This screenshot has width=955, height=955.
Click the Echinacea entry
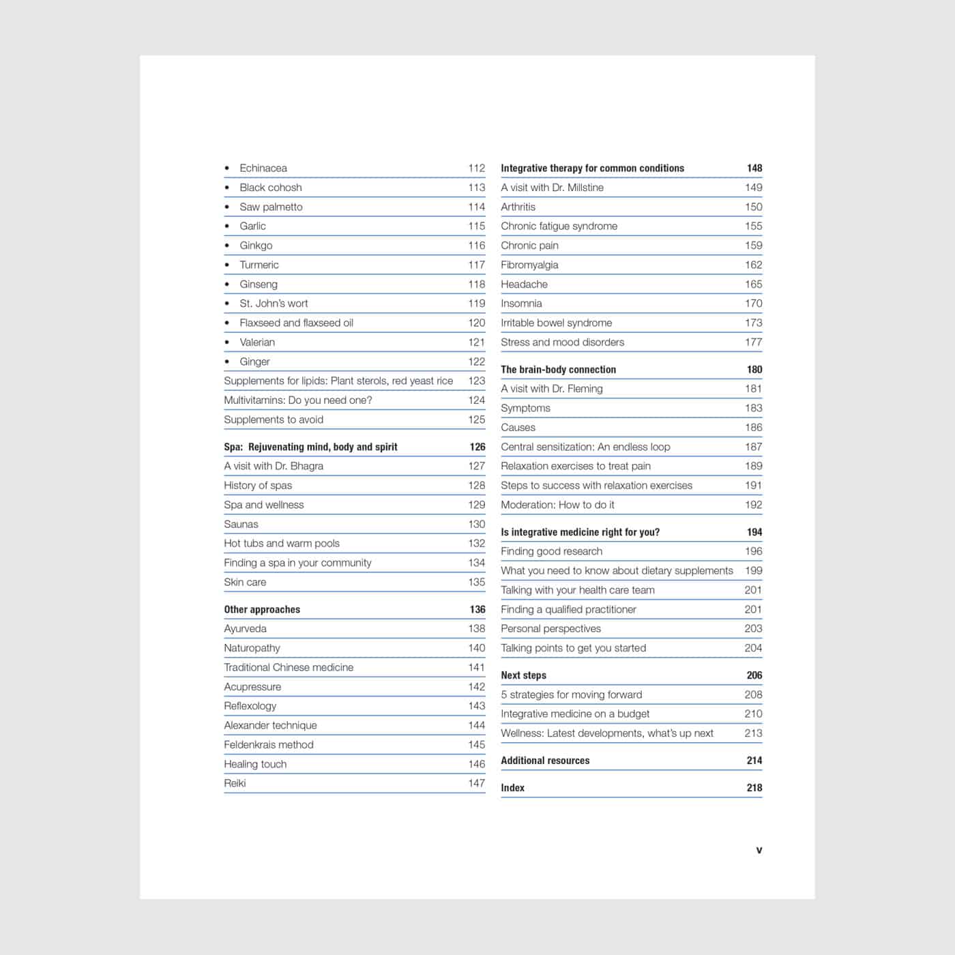(263, 168)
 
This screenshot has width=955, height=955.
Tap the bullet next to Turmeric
(227, 265)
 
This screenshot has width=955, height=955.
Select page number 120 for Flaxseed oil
(476, 323)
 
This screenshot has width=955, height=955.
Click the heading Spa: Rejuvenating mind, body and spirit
(310, 447)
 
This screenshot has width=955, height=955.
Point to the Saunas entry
(241, 524)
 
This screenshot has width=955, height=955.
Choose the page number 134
(476, 563)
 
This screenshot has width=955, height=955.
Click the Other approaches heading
(262, 609)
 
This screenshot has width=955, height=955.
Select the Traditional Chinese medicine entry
(289, 667)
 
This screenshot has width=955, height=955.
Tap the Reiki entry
(235, 783)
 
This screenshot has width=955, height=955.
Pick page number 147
(476, 783)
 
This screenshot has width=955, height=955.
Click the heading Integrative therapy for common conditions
(592, 168)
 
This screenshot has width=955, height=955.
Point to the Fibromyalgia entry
(529, 265)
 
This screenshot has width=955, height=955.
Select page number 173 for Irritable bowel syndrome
(753, 323)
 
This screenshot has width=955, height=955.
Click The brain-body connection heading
(558, 369)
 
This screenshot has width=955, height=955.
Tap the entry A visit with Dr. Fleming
(551, 389)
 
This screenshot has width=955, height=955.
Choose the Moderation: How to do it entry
(557, 505)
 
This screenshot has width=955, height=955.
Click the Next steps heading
(523, 675)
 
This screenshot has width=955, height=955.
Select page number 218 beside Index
(754, 788)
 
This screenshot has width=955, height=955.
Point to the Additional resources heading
(545, 761)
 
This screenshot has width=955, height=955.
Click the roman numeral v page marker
(759, 850)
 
